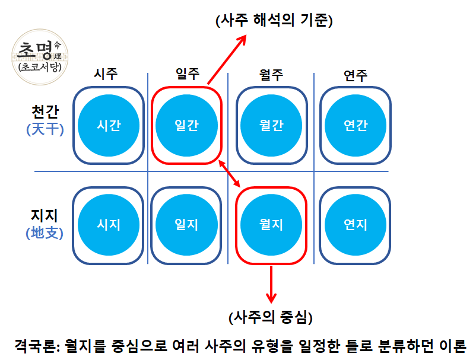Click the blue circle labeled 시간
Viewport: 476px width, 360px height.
(x=109, y=125)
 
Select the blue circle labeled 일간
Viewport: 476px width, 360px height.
(x=187, y=125)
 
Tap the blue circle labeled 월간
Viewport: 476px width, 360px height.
(x=271, y=125)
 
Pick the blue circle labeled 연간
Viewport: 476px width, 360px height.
(x=356, y=125)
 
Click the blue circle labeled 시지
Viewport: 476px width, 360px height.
(x=109, y=225)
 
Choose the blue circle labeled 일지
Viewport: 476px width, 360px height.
(x=187, y=225)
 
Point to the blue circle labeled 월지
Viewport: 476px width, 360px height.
(x=271, y=225)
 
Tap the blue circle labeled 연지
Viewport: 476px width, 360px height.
(x=356, y=225)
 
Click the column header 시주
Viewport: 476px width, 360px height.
(x=106, y=74)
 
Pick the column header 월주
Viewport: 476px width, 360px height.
(x=271, y=75)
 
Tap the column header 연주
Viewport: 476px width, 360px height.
(x=356, y=75)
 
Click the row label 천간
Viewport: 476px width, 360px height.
(x=45, y=111)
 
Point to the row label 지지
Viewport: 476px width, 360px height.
(x=45, y=215)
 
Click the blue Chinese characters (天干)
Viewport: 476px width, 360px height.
(x=45, y=129)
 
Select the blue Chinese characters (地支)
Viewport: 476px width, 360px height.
(x=45, y=233)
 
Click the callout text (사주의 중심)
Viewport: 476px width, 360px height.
(x=271, y=317)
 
